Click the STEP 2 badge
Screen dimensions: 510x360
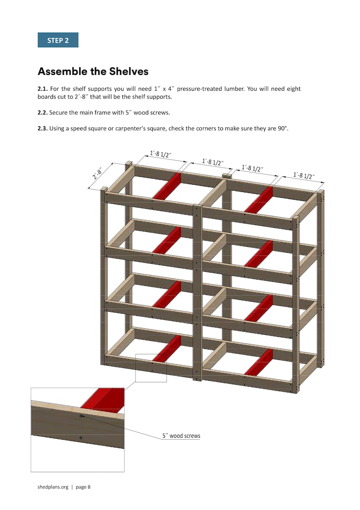tap(58, 40)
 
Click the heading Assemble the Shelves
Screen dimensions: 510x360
tap(93, 72)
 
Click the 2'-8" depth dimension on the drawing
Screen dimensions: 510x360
tap(97, 173)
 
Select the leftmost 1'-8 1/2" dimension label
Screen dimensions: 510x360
tap(160, 154)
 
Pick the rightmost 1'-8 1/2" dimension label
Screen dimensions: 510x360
tap(304, 175)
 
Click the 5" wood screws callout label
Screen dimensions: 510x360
tap(181, 436)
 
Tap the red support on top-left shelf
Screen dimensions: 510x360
tap(167, 186)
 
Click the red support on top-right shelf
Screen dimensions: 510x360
tap(259, 200)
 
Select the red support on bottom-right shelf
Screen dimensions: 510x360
tap(259, 362)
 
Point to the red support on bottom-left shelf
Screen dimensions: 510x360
tap(167, 348)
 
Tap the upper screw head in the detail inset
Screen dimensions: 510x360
tap(81, 416)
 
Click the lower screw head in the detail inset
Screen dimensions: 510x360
tap(80, 437)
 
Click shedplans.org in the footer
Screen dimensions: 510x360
tap(53, 487)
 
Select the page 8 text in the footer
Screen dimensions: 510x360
tap(83, 487)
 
